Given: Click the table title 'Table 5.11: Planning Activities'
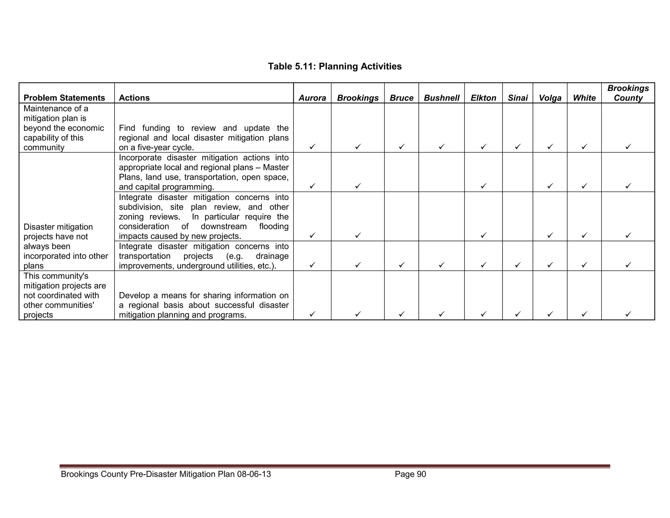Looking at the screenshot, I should coord(335,66).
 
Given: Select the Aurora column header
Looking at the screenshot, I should coord(312,98).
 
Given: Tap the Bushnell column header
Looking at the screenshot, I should coord(441,98).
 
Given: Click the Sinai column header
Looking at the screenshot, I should coord(518,98).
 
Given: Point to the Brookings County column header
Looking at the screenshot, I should coord(628,93).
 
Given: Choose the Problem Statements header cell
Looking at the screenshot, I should coord(64,98).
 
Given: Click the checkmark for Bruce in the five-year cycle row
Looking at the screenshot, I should coord(401,147).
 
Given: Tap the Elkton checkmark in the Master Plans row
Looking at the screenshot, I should coord(483,186).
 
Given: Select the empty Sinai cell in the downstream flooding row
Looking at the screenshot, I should coord(518,216).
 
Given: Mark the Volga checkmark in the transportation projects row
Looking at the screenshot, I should coord(550,264).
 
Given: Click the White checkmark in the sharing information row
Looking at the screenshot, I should coord(584,314).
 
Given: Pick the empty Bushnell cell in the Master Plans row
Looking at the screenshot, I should coord(441,172).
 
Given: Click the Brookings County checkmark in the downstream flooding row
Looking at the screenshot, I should coord(628,235).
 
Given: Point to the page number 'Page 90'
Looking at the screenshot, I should coord(410,474).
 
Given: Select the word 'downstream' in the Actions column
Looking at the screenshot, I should coord(223,227).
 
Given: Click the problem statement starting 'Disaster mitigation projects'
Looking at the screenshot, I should coord(65,246).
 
